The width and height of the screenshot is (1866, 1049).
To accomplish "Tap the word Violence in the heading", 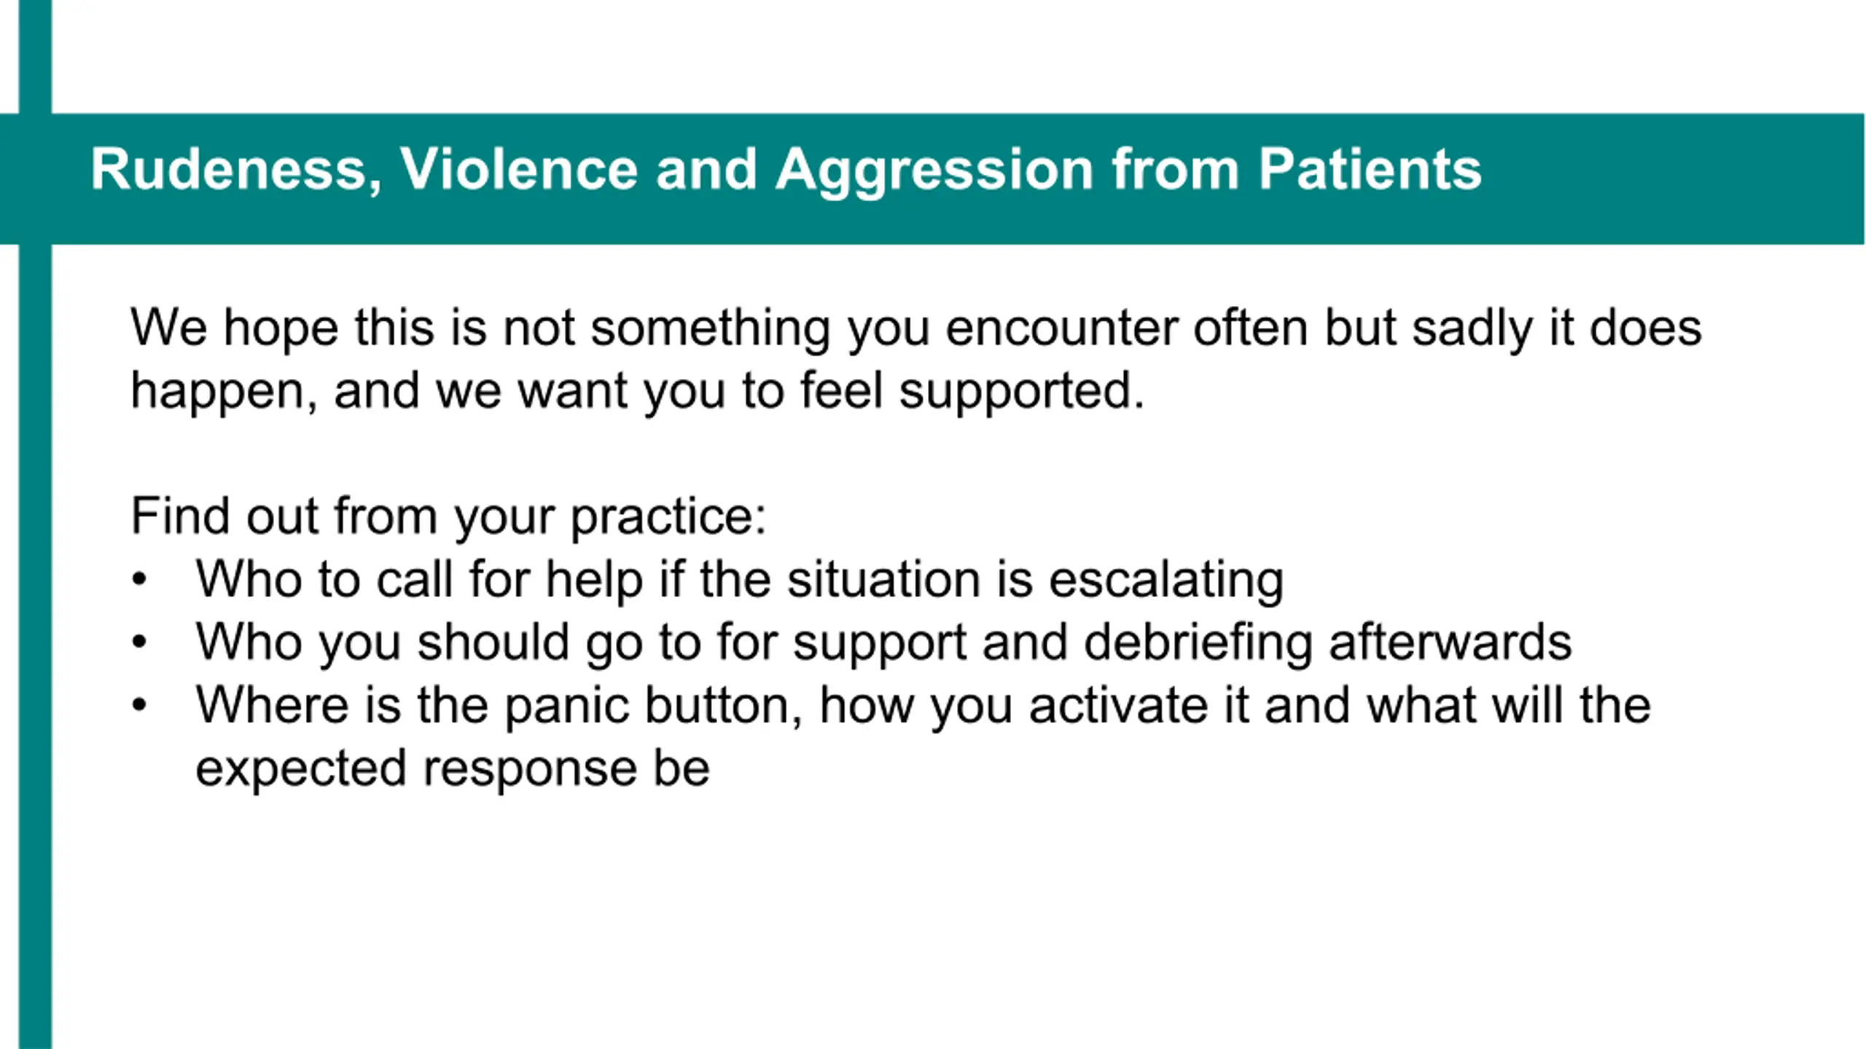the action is [519, 169].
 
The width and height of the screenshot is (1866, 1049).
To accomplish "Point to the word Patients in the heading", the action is [1370, 169].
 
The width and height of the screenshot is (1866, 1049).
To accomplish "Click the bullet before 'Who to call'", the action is [139, 580].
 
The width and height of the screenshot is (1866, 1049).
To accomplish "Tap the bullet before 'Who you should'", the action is [139, 643].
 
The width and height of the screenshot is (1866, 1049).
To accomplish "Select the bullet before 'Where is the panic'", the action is [139, 706].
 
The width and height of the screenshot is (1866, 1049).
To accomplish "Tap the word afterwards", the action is [1451, 642].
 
